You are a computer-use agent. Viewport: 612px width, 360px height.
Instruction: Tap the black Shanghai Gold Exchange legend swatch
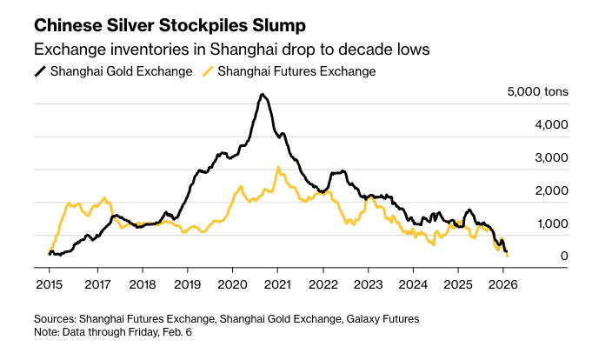(39, 71)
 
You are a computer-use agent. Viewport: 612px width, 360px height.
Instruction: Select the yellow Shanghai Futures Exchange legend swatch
(208, 71)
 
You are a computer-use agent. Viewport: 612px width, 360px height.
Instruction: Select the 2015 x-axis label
(48, 284)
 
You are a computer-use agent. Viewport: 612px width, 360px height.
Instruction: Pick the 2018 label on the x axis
(142, 284)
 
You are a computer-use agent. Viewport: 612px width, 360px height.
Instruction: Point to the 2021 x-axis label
(277, 284)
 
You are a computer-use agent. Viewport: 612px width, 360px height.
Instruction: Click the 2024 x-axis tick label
(413, 284)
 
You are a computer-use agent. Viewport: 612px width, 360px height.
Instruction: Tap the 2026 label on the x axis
(503, 284)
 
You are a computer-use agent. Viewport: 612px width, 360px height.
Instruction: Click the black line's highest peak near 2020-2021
(263, 95)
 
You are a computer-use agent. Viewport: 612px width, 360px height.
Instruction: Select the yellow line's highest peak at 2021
(277, 167)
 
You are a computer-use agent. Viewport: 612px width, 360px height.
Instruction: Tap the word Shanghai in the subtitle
(234, 49)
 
